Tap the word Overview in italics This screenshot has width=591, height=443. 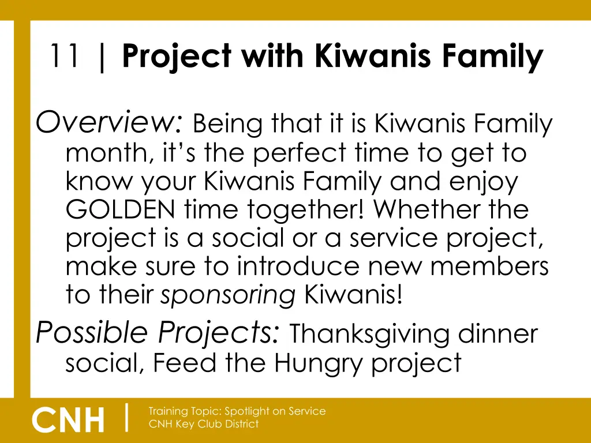coord(110,122)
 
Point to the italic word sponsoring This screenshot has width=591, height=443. coord(228,296)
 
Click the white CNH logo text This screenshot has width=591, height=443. coord(69,419)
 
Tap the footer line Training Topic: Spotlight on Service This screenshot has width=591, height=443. coord(237,411)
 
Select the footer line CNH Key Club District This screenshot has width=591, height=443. coord(203,424)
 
